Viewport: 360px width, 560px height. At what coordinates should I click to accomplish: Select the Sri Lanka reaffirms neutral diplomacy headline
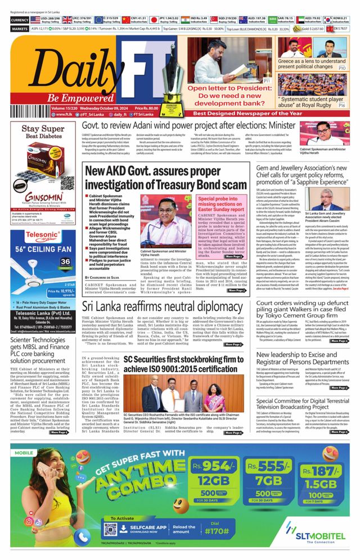coord(162,306)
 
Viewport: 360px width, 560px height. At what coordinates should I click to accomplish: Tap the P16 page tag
coord(341,105)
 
